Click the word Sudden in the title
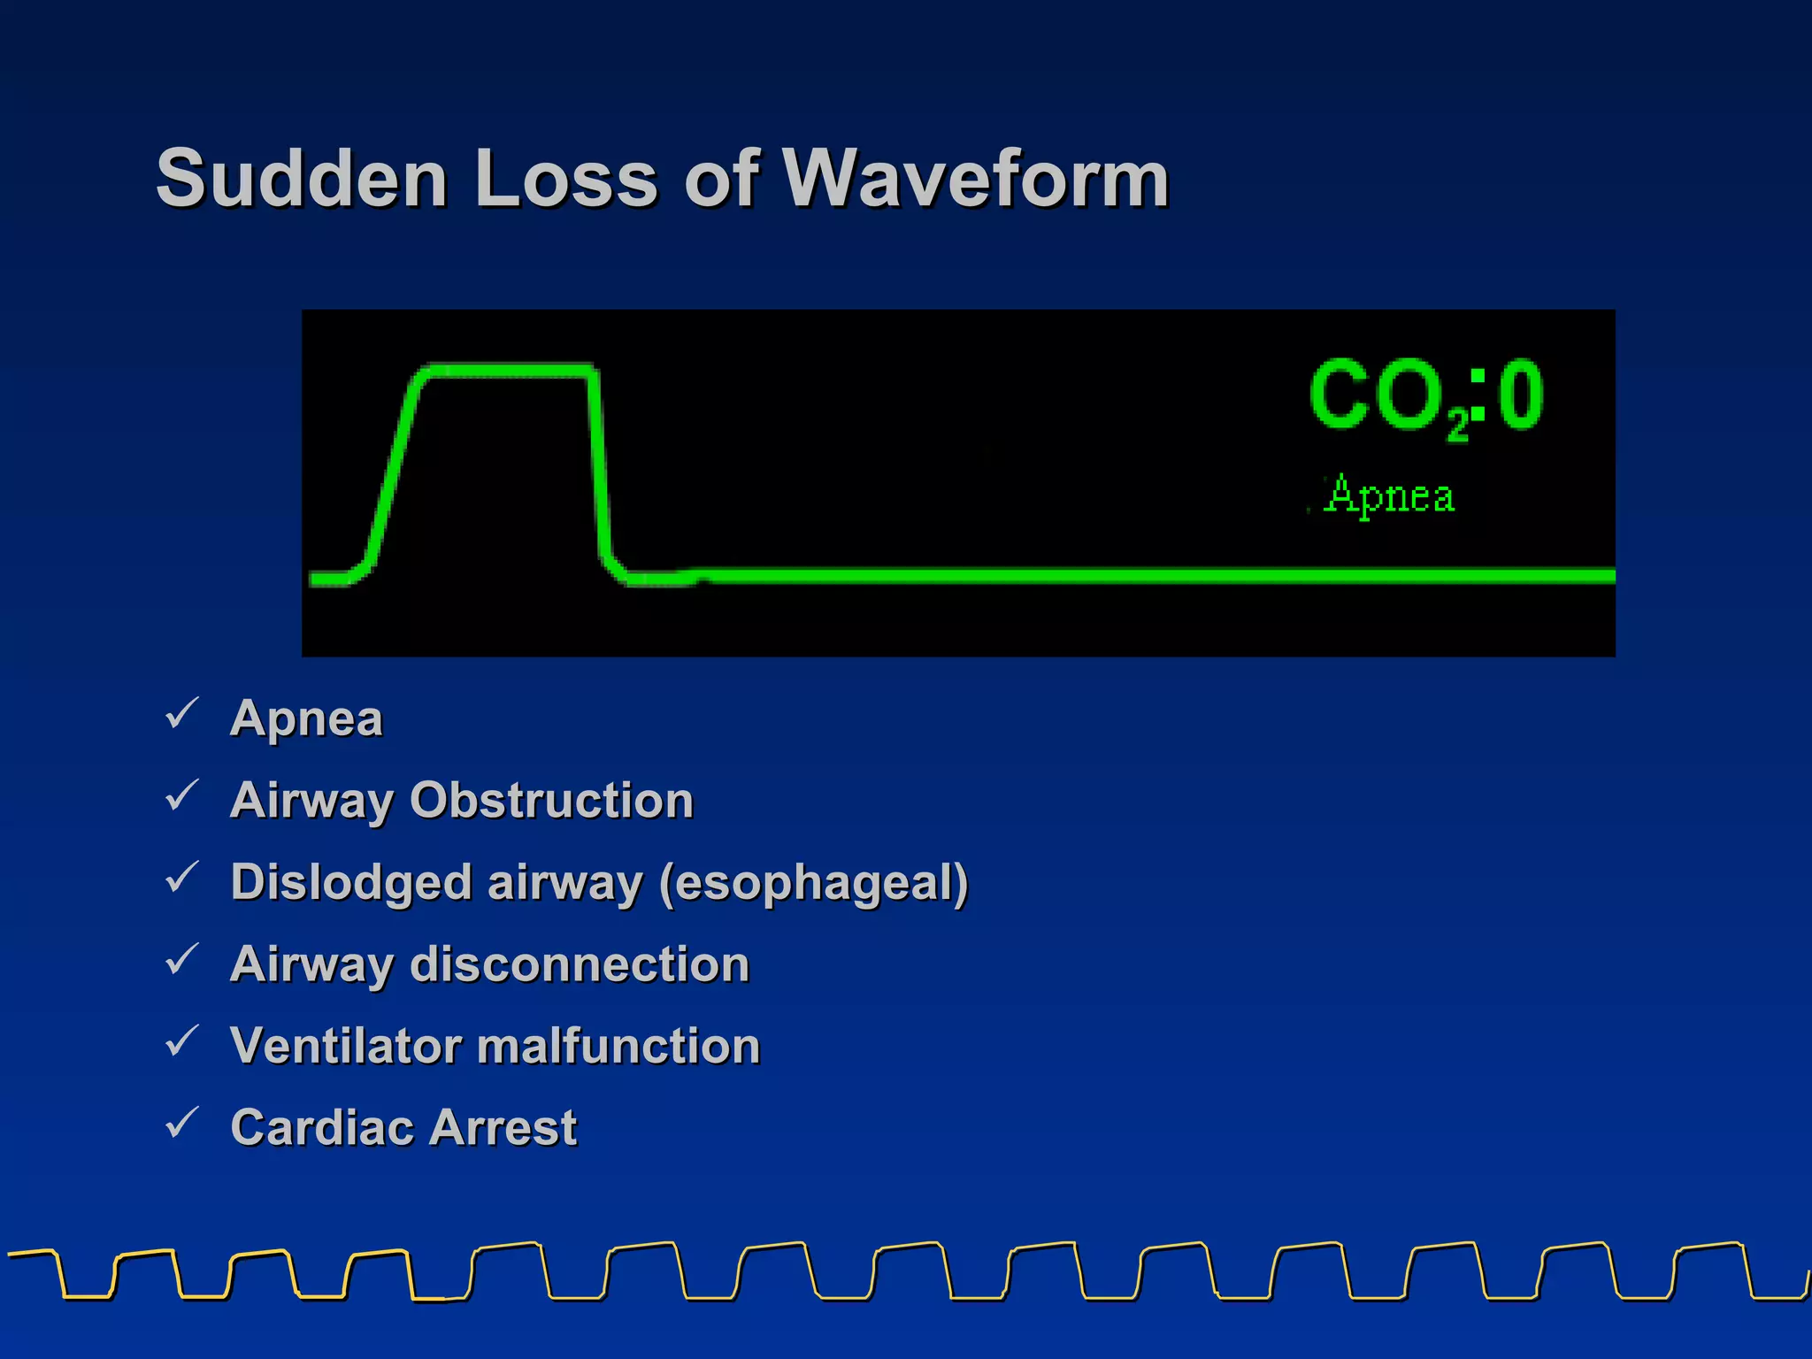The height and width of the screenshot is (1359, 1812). point(302,179)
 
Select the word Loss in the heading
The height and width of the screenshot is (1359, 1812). point(566,179)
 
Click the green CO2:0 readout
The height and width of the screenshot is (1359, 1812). point(1426,395)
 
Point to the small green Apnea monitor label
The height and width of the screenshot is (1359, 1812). point(1390,495)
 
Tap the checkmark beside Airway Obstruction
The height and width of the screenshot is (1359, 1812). point(182,796)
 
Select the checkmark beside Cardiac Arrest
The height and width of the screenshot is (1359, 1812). point(182,1124)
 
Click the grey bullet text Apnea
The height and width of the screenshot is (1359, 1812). point(306,718)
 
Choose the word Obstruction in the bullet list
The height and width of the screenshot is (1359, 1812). point(551,800)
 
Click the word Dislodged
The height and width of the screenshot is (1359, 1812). point(350,882)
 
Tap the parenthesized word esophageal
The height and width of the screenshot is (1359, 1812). point(814,882)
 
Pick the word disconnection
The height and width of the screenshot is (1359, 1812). point(580,964)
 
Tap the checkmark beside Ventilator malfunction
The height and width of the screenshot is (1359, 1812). point(182,1041)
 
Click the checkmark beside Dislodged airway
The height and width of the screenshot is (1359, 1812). point(182,878)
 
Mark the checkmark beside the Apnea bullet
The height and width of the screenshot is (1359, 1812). point(182,714)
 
